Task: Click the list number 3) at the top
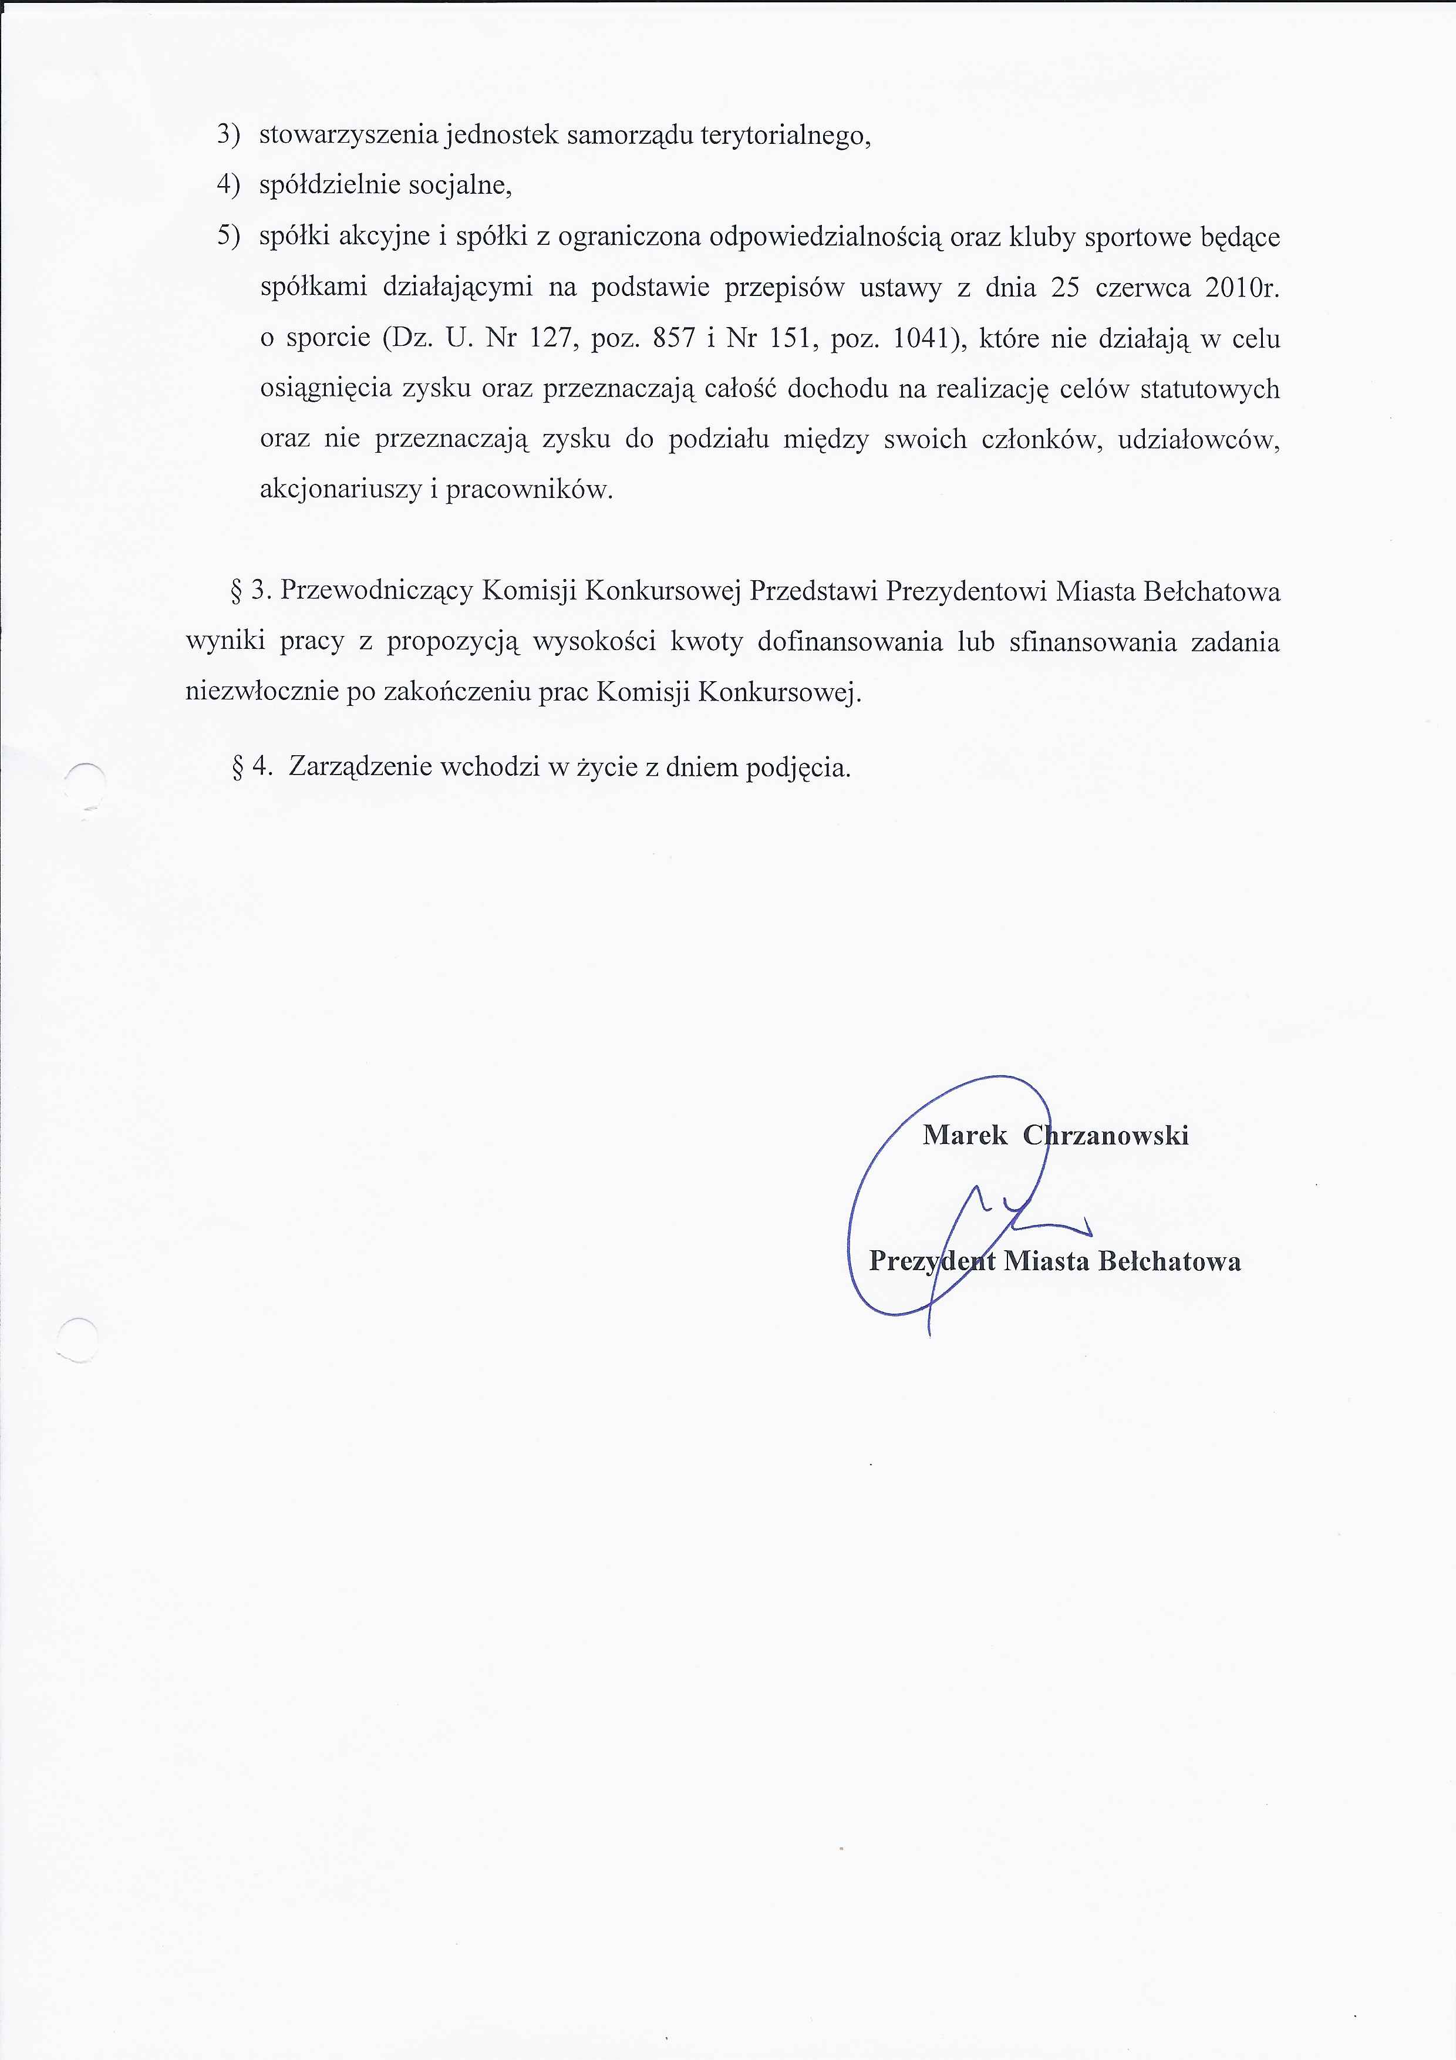point(229,136)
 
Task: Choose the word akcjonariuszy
point(338,490)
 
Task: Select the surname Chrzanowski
point(1106,1136)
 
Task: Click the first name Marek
point(965,1136)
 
